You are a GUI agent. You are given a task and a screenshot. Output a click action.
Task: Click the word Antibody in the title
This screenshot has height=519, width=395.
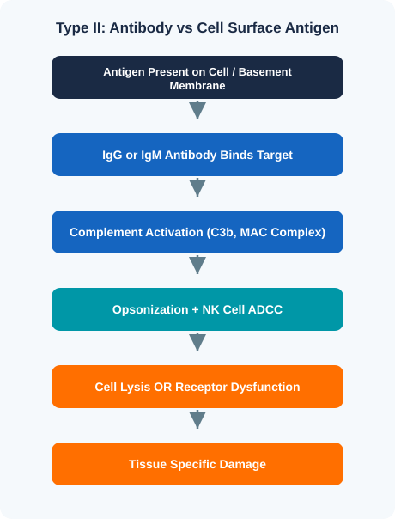[141, 27]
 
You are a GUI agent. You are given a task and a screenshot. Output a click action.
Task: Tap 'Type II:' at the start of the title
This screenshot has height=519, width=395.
[81, 27]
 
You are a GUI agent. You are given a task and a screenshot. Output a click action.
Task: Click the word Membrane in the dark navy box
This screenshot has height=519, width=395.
[197, 86]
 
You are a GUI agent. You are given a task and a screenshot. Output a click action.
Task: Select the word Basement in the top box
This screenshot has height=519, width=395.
[265, 72]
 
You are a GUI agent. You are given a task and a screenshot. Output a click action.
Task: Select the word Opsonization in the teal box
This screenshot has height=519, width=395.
[150, 310]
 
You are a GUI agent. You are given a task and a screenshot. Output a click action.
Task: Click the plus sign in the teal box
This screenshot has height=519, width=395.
[195, 310]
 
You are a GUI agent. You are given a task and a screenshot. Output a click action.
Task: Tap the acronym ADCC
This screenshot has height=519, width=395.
[265, 310]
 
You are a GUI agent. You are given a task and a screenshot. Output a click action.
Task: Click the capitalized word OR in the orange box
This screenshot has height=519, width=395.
[163, 387]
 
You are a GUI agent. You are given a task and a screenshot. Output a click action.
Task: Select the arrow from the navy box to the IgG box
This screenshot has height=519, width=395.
[197, 110]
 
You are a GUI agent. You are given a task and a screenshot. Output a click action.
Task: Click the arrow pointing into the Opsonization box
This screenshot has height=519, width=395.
[197, 265]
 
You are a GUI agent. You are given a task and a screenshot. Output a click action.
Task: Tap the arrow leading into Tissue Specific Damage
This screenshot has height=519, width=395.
[197, 419]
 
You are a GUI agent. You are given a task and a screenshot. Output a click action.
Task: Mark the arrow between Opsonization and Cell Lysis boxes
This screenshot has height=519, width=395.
[197, 342]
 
